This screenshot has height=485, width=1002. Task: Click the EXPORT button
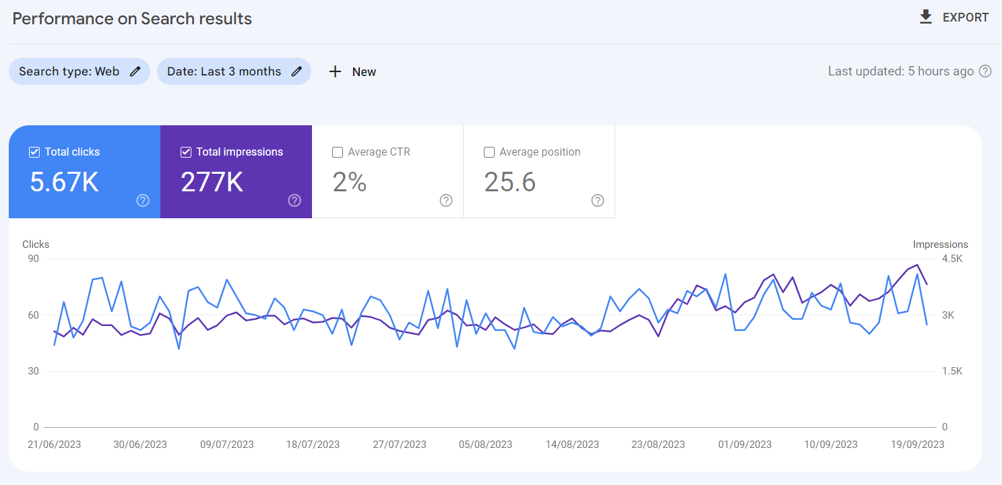point(954,18)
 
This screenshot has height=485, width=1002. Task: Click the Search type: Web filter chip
point(79,71)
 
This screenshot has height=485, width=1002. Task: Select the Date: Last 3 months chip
point(234,71)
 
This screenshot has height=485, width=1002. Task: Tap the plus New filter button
point(352,72)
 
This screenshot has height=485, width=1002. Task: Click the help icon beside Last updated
point(985,71)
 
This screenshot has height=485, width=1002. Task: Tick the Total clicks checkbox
point(34,152)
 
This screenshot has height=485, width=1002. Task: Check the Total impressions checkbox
point(186,152)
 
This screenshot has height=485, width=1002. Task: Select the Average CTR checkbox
point(338,152)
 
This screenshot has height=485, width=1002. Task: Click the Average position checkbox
point(489,152)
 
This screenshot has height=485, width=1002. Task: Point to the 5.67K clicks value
point(65,182)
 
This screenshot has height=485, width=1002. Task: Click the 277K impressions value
point(212,182)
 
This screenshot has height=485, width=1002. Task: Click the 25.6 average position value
point(510,182)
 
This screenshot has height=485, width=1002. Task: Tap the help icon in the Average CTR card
point(446,200)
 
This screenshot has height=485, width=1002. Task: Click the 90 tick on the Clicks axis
point(33,259)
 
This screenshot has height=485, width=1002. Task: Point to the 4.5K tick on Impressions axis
point(953,259)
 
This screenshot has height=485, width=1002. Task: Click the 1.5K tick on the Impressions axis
point(953,371)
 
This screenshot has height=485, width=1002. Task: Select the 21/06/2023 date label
point(54,445)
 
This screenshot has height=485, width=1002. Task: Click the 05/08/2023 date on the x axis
point(485,445)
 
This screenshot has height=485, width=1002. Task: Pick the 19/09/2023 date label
point(917,445)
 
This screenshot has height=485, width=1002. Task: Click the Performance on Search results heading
point(132,19)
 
